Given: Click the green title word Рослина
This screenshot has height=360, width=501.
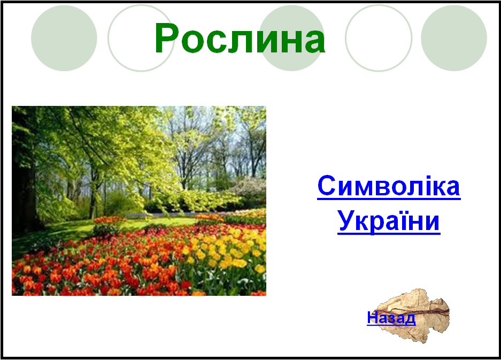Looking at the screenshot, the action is [240, 39].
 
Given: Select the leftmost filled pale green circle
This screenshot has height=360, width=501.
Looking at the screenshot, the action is [64, 38].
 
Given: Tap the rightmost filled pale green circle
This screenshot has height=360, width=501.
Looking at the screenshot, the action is [454, 38].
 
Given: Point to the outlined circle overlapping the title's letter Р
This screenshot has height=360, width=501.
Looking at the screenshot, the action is [109, 38].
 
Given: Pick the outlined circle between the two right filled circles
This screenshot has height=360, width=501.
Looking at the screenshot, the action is [346, 38].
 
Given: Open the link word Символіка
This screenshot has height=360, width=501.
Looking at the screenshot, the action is [389, 186].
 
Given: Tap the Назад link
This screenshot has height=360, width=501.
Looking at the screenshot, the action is [391, 318].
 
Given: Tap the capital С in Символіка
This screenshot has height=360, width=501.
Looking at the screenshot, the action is [327, 186].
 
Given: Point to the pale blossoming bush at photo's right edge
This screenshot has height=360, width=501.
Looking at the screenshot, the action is [251, 189].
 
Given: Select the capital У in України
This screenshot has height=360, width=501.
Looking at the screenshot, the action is [346, 220].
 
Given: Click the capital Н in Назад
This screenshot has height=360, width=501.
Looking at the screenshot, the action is [372, 317].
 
